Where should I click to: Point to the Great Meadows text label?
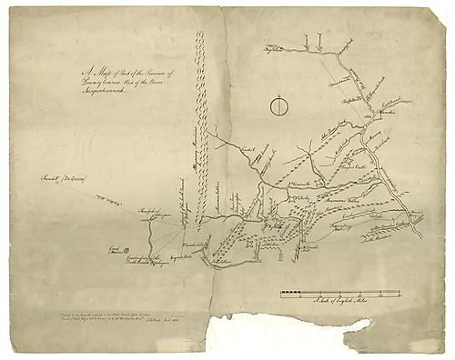point(116,248)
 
